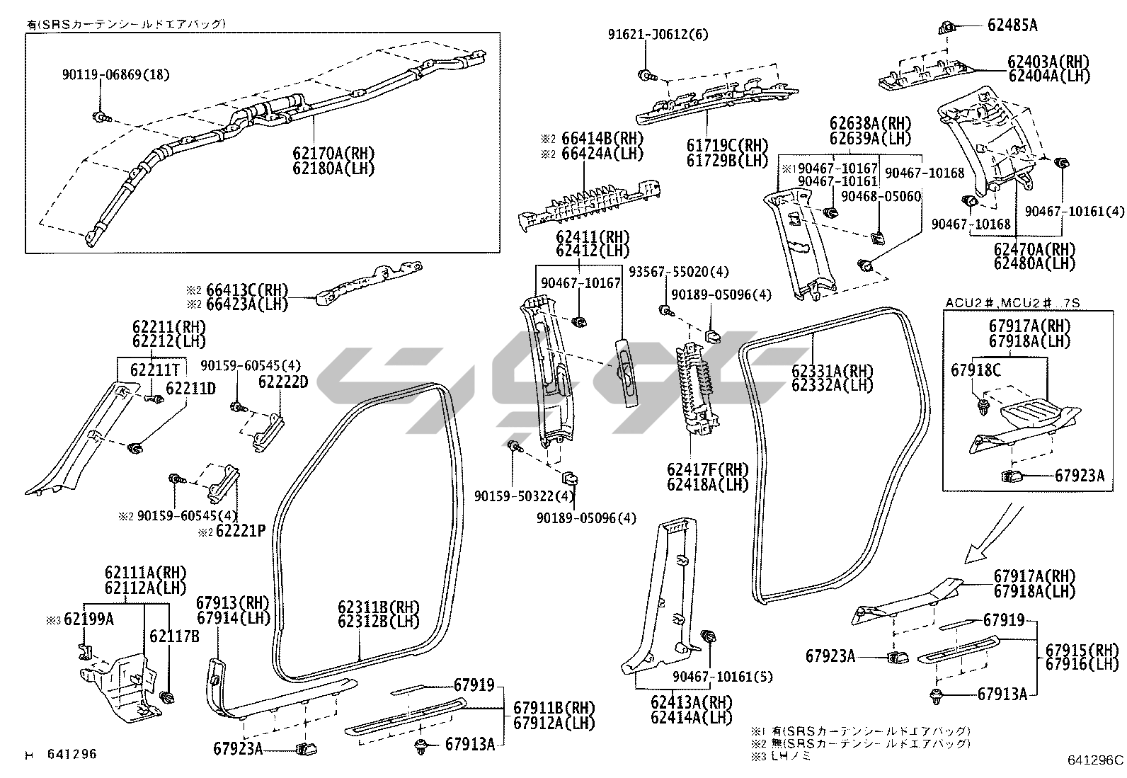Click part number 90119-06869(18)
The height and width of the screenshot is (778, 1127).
(116, 75)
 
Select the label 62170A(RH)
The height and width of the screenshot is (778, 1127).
(333, 154)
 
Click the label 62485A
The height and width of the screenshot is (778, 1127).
(1012, 25)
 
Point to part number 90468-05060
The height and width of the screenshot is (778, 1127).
(881, 196)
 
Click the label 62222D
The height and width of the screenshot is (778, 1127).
(283, 382)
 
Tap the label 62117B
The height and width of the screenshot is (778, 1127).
(174, 636)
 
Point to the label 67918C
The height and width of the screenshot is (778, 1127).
(976, 370)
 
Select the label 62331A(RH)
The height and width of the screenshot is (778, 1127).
(832, 371)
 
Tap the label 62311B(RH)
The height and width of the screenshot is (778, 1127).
(379, 607)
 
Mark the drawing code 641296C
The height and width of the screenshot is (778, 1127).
(1095, 761)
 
